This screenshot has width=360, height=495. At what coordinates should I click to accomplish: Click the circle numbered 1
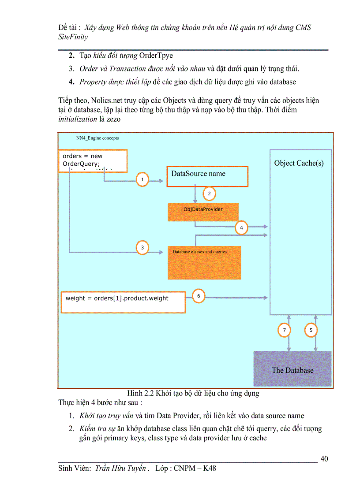pos(142,180)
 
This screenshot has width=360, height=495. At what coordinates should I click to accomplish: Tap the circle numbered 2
pos(209,193)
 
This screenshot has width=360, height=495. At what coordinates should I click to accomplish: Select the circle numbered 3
pos(142,248)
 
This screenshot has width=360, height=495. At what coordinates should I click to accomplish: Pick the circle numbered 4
pos(241,227)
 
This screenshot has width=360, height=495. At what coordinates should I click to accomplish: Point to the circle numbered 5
pos(311,330)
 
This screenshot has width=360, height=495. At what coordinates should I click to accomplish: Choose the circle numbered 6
pos(199,296)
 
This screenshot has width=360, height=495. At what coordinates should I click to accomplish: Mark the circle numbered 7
pos(285,330)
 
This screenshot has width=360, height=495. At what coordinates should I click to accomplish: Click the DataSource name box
pos(207,176)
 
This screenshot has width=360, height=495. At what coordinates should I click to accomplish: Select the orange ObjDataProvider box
pos(203,212)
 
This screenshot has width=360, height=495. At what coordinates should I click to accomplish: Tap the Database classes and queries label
pos(199,252)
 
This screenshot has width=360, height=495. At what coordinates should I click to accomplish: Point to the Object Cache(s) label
pos(299,163)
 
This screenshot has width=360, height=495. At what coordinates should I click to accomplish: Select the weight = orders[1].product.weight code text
pos(117,298)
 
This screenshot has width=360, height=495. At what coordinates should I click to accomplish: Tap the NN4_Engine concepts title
pos(97,138)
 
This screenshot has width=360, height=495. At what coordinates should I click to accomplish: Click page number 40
pos(324,459)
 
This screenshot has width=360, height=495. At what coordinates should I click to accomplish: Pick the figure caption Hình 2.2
pos(193,393)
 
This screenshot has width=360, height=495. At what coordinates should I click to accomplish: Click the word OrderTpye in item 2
pos(156,56)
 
